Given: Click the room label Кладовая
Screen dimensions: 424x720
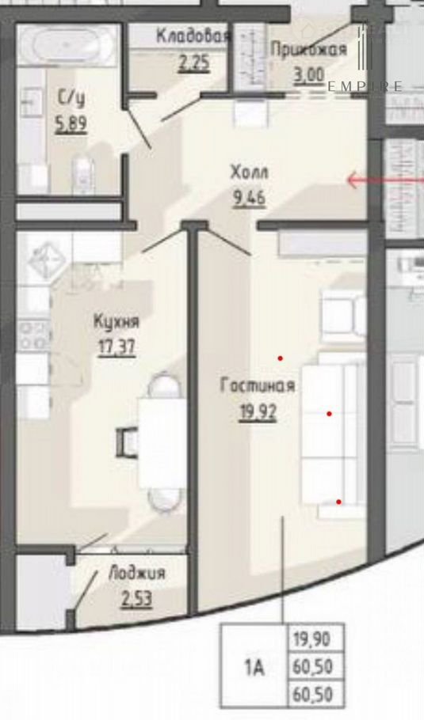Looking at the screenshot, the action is (x=193, y=36).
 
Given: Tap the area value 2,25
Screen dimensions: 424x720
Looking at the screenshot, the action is (x=194, y=63).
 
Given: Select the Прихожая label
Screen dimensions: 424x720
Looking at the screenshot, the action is (x=308, y=49).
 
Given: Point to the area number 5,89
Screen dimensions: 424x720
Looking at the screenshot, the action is (x=71, y=124).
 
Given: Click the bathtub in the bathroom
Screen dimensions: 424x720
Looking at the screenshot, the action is (x=67, y=45).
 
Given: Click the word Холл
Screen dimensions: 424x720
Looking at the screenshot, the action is (x=250, y=173).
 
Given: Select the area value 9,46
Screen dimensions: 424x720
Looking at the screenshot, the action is (x=250, y=199).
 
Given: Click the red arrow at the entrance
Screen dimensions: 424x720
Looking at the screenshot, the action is (x=385, y=180).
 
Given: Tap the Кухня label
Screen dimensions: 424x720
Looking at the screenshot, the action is (x=117, y=321).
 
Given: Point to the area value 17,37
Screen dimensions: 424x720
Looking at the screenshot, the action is (x=117, y=347).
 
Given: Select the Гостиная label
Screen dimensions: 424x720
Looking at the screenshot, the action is (x=258, y=385).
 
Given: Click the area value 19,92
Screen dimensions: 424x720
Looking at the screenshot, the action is (x=258, y=412).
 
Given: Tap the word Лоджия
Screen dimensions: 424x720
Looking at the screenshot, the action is (x=136, y=574).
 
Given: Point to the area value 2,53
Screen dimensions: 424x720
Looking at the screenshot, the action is (x=136, y=599).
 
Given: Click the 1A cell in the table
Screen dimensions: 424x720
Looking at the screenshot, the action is (x=254, y=665).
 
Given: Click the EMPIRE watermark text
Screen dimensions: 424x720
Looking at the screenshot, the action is (x=365, y=86).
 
